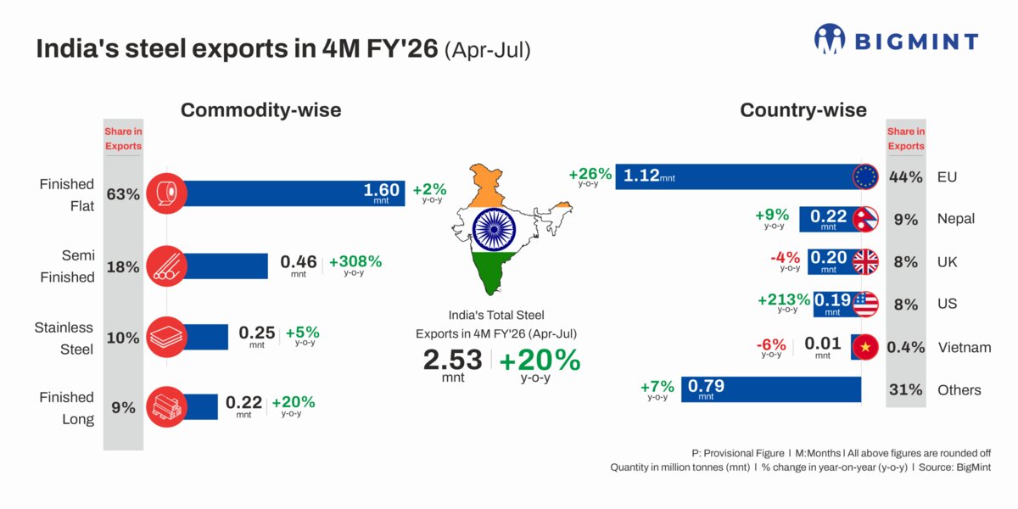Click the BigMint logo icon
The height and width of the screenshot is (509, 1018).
click(831, 39)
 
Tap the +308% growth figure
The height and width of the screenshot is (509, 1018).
click(355, 261)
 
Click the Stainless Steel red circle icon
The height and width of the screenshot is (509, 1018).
click(167, 336)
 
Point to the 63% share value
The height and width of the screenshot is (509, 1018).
click(123, 194)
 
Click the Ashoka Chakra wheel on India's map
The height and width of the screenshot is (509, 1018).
click(494, 228)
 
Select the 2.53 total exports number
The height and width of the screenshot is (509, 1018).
click(452, 360)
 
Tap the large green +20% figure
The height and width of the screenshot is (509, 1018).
click(540, 360)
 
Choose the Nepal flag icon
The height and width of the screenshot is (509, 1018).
click(866, 219)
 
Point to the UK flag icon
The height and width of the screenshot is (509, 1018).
click(866, 262)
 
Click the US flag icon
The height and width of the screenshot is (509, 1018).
click(866, 304)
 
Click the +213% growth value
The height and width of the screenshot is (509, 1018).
click(784, 299)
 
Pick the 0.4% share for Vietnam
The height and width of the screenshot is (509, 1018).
click(905, 347)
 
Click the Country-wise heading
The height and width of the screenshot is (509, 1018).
click(803, 109)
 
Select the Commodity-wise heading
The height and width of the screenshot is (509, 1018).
click(261, 109)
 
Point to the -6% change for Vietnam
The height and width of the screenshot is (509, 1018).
click(771, 344)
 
